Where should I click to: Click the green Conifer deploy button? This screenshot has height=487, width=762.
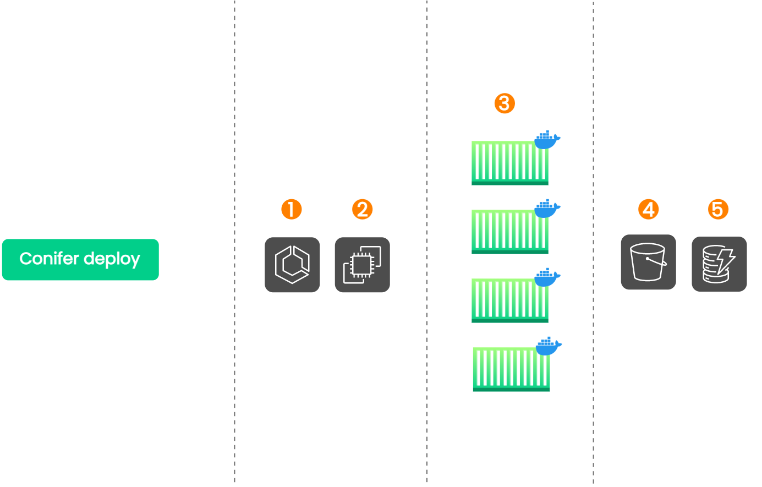click(80, 259)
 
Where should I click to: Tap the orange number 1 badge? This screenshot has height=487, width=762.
click(291, 209)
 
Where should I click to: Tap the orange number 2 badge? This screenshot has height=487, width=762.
click(362, 209)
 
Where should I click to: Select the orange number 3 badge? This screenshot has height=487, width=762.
click(505, 103)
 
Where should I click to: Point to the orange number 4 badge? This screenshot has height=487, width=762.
click(648, 209)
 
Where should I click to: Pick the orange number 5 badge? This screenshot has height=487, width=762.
click(717, 209)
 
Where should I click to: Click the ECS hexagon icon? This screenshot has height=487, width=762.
click(292, 265)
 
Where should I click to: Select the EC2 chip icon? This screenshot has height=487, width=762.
click(362, 265)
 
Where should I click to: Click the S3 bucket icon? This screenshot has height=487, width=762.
click(648, 262)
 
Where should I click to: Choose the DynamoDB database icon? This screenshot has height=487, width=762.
click(719, 264)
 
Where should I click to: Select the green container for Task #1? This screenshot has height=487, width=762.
click(510, 163)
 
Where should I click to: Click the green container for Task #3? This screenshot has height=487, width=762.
click(510, 300)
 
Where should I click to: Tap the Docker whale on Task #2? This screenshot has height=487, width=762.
click(547, 209)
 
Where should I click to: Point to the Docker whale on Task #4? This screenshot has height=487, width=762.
click(548, 346)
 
